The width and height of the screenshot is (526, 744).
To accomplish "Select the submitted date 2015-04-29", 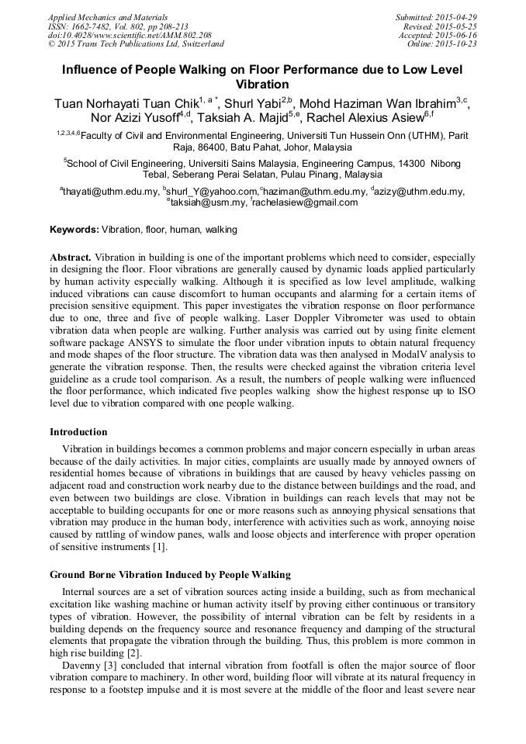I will pos(456,17).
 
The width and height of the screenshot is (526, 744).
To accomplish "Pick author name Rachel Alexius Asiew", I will pos(369,118).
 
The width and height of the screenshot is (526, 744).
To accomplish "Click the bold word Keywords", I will pos(74,230).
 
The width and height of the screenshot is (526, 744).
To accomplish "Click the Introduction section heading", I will pos(78,432).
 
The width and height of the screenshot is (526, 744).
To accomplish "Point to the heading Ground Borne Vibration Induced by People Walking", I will pos(170,575).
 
